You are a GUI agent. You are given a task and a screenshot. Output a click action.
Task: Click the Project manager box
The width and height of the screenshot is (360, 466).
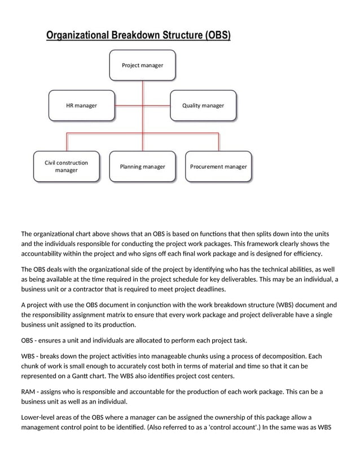(x=142, y=65)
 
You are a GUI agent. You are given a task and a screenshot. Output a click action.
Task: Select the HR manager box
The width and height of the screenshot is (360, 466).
(x=81, y=105)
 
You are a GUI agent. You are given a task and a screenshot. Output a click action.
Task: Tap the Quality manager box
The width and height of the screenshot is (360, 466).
(x=203, y=105)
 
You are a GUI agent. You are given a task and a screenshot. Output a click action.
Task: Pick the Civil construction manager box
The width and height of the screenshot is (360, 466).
(x=66, y=166)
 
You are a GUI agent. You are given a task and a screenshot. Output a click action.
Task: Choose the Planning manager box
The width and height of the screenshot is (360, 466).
(x=142, y=166)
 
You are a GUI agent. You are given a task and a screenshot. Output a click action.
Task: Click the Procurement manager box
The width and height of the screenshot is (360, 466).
(x=218, y=166)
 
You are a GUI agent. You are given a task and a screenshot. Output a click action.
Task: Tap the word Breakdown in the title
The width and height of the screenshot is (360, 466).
(x=143, y=36)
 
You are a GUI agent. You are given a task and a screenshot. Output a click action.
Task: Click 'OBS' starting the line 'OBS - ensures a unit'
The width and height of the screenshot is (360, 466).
(x=28, y=341)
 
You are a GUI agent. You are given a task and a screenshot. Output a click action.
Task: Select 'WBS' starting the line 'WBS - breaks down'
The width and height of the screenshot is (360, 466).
(x=28, y=357)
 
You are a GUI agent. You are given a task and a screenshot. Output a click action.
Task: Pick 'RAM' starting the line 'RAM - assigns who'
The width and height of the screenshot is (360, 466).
(x=29, y=392)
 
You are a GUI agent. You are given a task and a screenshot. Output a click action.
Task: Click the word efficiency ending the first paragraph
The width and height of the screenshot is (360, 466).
(x=305, y=254)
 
